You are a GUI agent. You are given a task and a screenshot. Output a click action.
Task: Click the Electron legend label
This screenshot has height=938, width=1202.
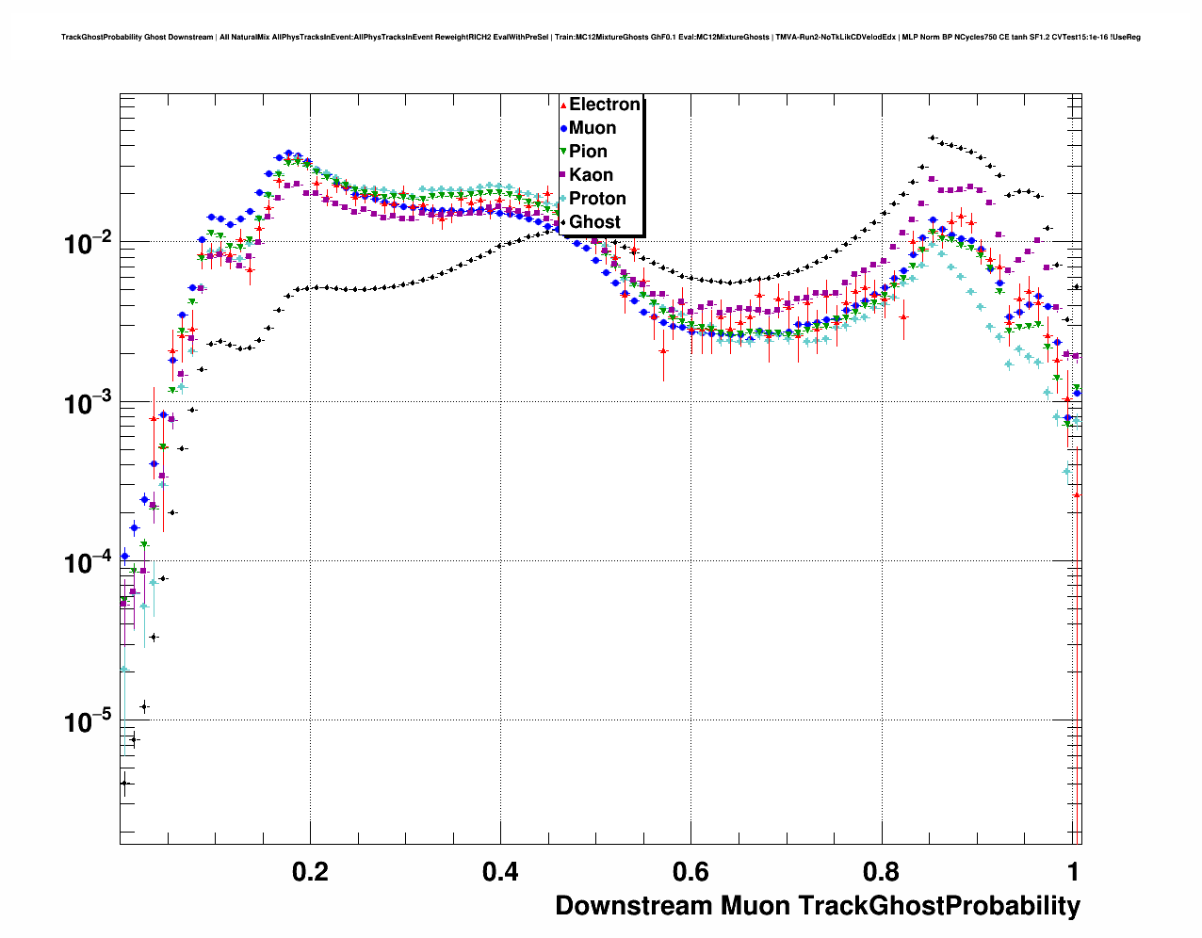605,105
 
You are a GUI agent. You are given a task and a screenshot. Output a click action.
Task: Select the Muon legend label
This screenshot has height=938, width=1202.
593,128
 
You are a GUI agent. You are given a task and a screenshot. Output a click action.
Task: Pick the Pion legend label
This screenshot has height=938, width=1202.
588,152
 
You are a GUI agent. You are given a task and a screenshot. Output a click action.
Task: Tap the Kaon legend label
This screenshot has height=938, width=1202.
591,175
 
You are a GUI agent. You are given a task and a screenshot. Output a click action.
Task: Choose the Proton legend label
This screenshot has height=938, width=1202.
597,199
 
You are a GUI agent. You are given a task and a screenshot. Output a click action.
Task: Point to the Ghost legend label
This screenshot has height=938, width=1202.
594,222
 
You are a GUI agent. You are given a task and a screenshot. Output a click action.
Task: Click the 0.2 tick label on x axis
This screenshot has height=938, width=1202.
310,871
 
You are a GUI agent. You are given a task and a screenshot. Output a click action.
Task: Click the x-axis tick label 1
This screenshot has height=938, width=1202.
1072,871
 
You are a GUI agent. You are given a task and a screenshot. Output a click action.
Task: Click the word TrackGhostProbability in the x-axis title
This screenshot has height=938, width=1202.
939,906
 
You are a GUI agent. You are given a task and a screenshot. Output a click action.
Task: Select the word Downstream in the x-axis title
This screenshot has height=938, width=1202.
634,906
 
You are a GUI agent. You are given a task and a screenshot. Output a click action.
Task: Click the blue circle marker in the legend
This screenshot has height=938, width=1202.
563,128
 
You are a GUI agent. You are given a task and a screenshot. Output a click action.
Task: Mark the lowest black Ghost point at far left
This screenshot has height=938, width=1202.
123,783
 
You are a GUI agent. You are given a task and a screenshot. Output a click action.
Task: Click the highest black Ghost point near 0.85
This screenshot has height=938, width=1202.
932,137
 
